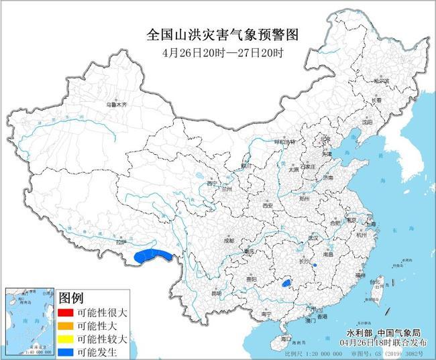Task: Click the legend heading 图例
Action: (x=71, y=298)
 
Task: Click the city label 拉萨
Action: (x=121, y=242)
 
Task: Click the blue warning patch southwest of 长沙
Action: (x=287, y=284)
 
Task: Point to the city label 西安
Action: (x=268, y=206)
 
